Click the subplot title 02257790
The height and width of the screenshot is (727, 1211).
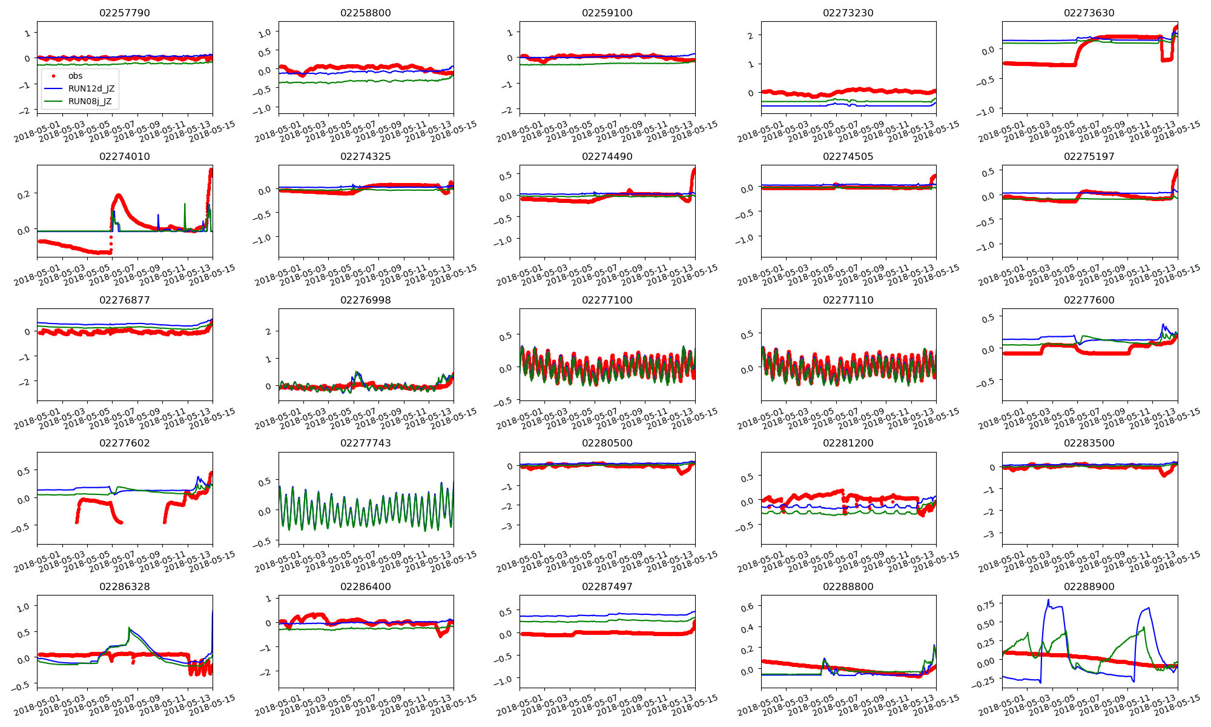[x=125, y=13]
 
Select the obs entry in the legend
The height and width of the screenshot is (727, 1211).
[x=75, y=76]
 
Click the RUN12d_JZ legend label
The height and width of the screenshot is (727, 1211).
[x=91, y=88]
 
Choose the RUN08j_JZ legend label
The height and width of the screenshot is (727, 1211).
[x=90, y=101]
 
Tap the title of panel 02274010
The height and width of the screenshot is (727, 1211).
[x=125, y=156]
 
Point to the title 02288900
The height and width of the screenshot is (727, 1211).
[x=1089, y=586]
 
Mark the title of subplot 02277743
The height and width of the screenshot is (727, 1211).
[x=366, y=443]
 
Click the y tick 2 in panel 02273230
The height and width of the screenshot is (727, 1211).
[x=750, y=36]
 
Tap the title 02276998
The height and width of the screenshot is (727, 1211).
[x=366, y=300]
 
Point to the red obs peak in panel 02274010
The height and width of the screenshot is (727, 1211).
[x=118, y=195]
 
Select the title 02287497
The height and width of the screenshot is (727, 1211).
[x=607, y=586]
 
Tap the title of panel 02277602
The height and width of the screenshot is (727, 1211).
[x=125, y=443]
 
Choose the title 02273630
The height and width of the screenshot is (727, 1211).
[x=1089, y=13]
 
